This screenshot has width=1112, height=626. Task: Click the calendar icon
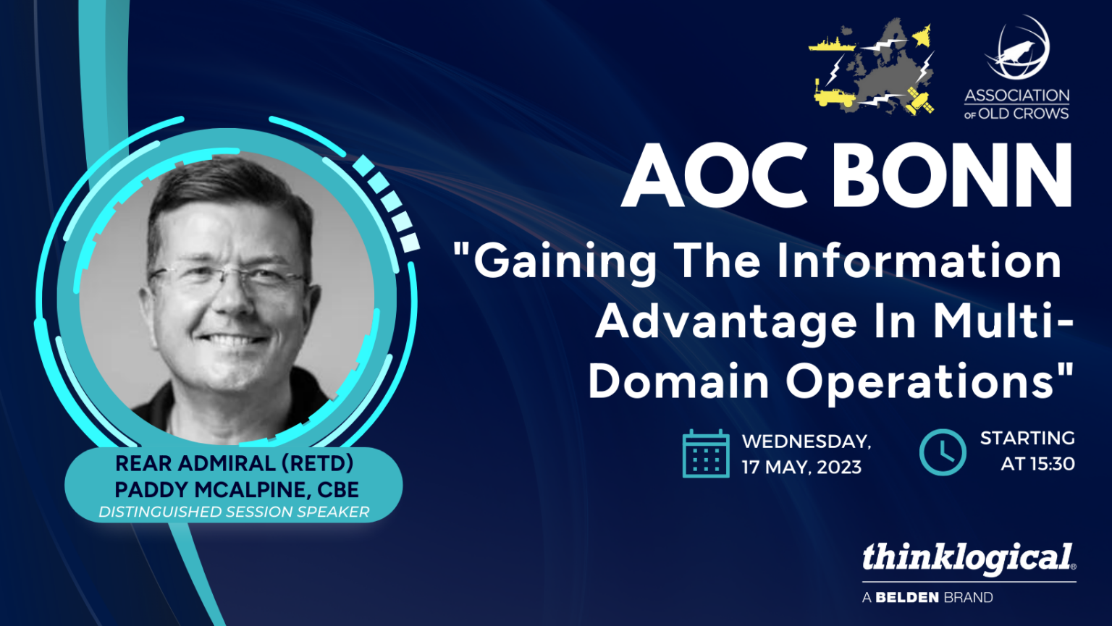[x=705, y=454]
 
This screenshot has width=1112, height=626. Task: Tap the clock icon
[x=942, y=452]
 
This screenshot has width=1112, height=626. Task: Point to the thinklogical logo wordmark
[x=968, y=558]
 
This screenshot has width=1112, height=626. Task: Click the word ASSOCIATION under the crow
[x=1016, y=96]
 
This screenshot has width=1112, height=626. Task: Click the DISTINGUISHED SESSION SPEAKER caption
[x=234, y=512]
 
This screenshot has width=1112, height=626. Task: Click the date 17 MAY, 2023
[x=801, y=468]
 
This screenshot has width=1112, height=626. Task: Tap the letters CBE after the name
[x=338, y=490]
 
